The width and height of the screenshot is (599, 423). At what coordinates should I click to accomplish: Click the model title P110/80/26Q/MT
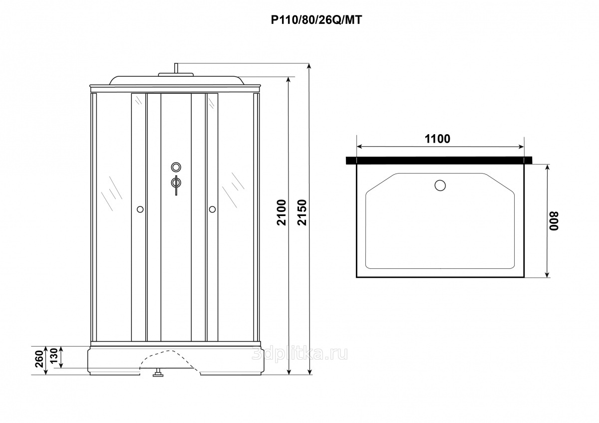point(316,20)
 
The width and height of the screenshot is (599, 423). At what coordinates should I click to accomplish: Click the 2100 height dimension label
point(282,212)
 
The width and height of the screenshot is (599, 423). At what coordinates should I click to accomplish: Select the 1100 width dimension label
point(437,139)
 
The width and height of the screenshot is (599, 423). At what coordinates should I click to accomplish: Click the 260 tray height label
point(39,359)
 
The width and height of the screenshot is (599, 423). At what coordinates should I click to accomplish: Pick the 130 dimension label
point(54,356)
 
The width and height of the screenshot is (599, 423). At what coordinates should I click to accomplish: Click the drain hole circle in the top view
point(440,186)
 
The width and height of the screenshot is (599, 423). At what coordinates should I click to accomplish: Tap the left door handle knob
point(140,210)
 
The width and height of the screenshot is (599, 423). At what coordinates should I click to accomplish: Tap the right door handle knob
point(212,210)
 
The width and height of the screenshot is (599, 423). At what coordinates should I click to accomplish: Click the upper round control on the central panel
point(176,167)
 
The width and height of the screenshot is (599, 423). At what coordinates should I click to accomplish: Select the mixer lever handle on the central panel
point(176,185)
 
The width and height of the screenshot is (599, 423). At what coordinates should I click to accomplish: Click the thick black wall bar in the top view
point(439,160)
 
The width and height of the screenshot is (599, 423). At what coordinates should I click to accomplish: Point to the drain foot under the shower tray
point(158,373)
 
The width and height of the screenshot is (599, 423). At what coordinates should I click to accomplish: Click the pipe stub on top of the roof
point(176,68)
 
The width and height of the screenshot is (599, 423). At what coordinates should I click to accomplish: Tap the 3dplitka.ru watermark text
point(300,354)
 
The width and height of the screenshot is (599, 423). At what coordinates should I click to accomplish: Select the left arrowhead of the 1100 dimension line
point(360,147)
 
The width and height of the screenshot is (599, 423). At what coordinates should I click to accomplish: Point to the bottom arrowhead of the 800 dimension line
point(547,274)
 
